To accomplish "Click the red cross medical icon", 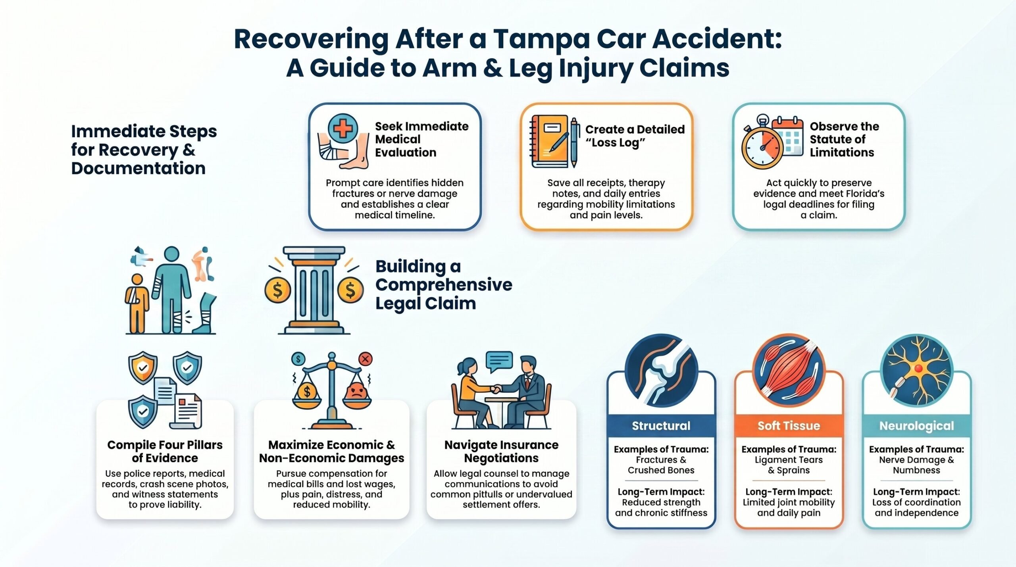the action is [x=343, y=129].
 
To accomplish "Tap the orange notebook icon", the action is [x=549, y=141].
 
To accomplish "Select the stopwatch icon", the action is [x=762, y=147].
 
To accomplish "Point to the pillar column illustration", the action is [x=314, y=290].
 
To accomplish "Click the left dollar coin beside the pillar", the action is [x=278, y=290].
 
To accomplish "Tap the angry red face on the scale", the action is [x=356, y=392].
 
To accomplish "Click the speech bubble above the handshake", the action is [x=499, y=361].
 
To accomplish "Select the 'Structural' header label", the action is [x=661, y=426].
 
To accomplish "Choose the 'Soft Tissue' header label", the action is [x=789, y=426].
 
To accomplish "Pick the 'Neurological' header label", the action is [x=916, y=426].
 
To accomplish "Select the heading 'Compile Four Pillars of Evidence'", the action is [x=165, y=452].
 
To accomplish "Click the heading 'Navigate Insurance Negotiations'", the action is [x=501, y=452].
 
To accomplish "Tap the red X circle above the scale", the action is [x=365, y=359].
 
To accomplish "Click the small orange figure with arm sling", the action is [x=137, y=303].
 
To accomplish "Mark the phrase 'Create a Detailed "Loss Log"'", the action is [x=635, y=136].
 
